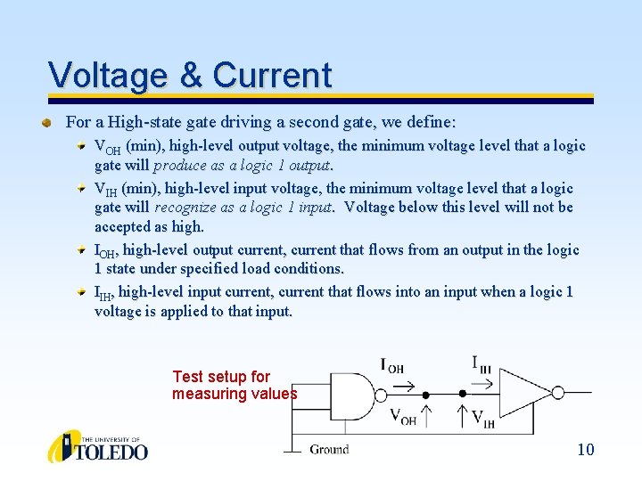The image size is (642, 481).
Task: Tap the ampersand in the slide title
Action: [191, 75]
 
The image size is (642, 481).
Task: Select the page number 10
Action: [585, 449]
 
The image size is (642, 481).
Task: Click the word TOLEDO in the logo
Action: [111, 451]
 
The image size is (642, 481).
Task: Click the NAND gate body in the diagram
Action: [352, 393]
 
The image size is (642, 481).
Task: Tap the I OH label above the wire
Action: [392, 365]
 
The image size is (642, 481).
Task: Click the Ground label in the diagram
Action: [329, 449]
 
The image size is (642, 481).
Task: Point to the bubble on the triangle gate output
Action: [557, 393]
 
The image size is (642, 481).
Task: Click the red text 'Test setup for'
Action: [220, 377]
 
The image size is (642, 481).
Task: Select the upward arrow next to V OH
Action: [426, 414]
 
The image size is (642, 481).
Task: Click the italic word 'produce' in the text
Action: [185, 165]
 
